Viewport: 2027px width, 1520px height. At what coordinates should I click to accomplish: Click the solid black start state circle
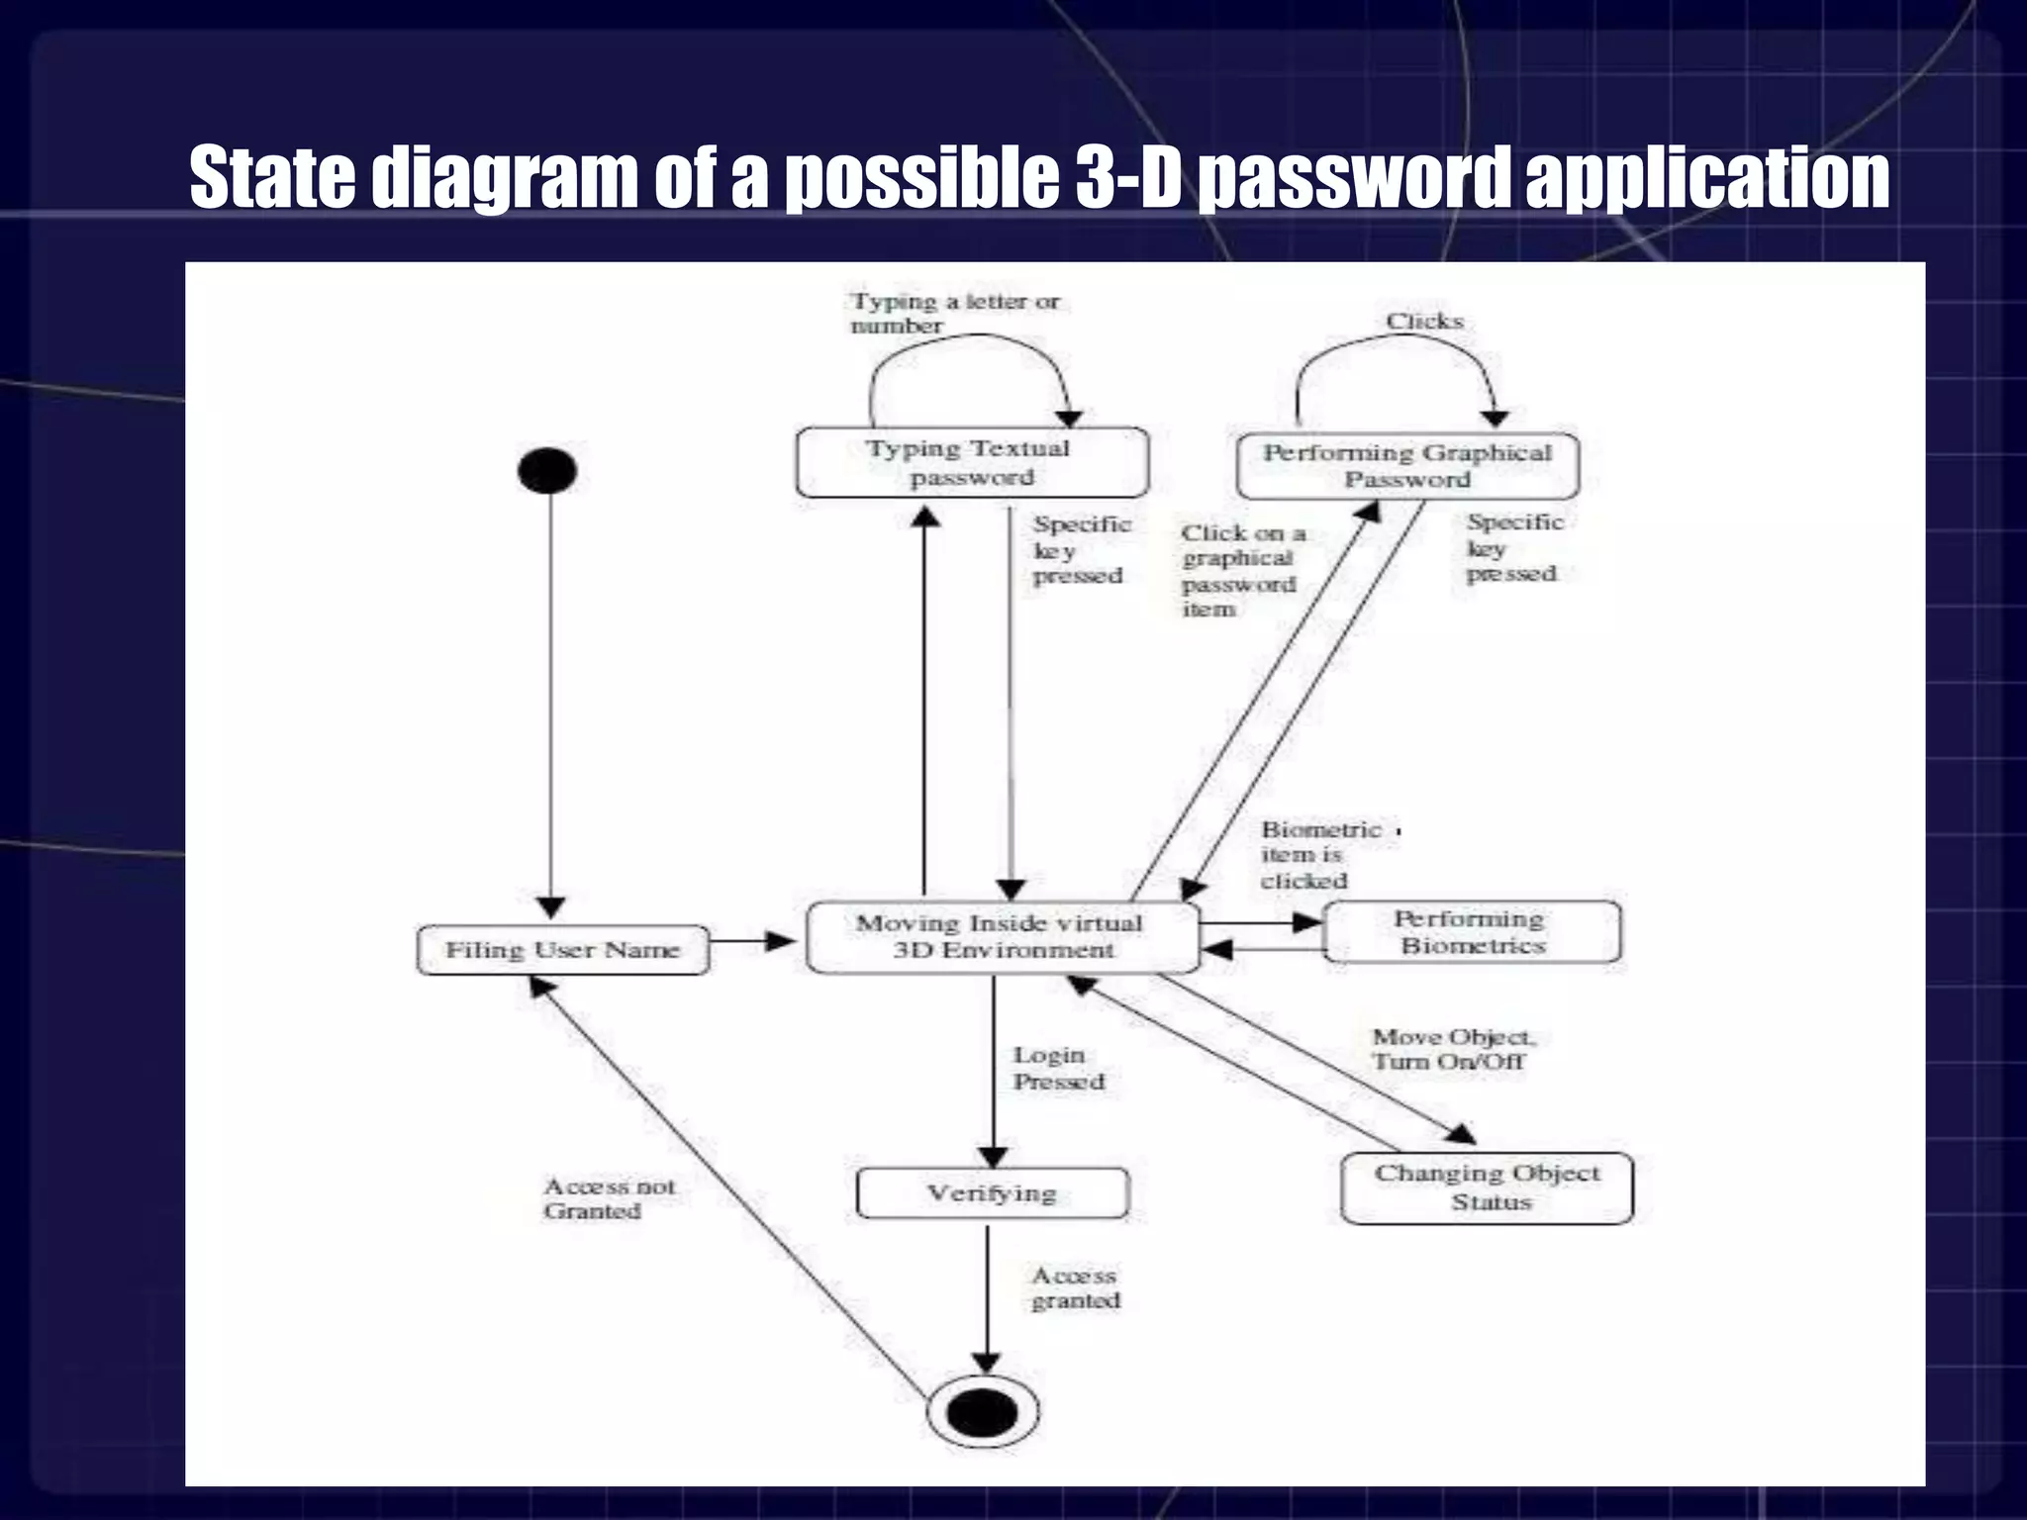coord(547,470)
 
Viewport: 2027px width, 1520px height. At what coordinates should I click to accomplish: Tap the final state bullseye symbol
coord(983,1411)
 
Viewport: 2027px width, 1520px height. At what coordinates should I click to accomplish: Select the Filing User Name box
coord(562,950)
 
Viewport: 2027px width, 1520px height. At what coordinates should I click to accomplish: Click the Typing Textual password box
coord(971,462)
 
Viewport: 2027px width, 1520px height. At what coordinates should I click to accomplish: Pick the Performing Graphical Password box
coord(1406,466)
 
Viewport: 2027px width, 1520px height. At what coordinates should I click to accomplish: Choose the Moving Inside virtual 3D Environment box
coord(1002,936)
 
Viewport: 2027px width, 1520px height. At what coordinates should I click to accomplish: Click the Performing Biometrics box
coord(1472,932)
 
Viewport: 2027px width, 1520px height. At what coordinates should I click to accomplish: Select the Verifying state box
coord(992,1193)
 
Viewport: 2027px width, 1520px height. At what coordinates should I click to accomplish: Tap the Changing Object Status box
coord(1487,1187)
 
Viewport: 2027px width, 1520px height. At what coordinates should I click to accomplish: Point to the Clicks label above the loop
coord(1424,321)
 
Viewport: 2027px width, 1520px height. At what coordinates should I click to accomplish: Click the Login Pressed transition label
coord(1057,1069)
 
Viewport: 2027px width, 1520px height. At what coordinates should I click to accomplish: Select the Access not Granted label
coord(608,1198)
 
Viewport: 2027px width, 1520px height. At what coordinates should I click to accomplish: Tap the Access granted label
coord(1075,1288)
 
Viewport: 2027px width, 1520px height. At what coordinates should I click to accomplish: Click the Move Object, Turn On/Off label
coord(1452,1049)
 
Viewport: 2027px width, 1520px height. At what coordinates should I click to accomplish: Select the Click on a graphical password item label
coord(1241,571)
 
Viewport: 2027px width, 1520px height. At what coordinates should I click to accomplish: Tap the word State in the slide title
coord(271,178)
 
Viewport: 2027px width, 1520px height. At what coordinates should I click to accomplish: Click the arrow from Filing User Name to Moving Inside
coord(752,941)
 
